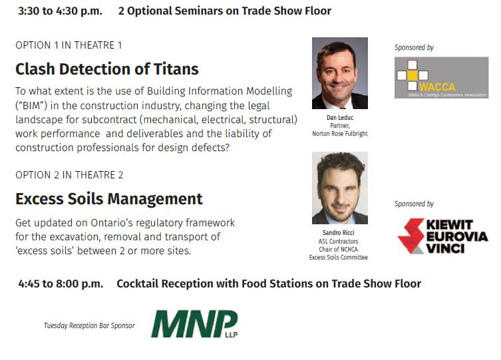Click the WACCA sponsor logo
(441, 78)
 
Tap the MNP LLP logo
(194, 323)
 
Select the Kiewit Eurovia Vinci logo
(443, 236)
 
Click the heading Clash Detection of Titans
(107, 69)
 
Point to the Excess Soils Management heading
(109, 199)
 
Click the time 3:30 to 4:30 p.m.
(60, 11)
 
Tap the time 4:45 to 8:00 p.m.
(61, 283)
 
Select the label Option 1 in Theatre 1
(69, 45)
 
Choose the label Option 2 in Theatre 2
(69, 175)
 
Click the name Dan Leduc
(340, 118)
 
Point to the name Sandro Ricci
(339, 232)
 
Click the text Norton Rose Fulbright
(340, 134)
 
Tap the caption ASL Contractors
(339, 241)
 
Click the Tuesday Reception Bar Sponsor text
(89, 325)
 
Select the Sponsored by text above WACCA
(414, 48)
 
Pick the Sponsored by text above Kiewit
(414, 204)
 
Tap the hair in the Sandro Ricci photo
(340, 163)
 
